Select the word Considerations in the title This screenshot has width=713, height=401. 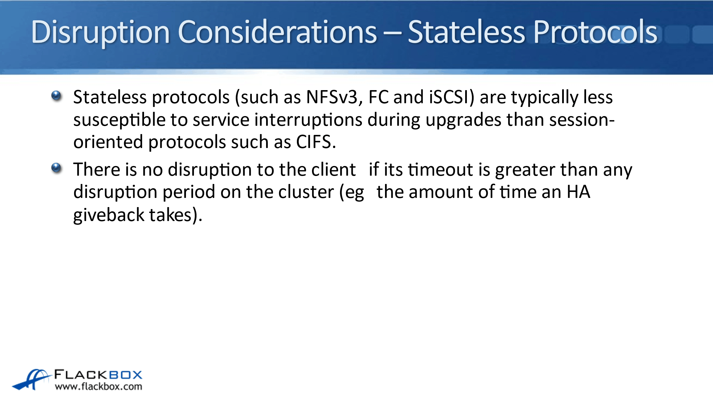(277, 32)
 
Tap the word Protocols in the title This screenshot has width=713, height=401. (595, 32)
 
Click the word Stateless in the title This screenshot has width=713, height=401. (466, 32)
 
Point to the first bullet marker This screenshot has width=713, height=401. (56, 96)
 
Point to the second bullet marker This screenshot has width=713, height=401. (56, 168)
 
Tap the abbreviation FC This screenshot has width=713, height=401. (378, 97)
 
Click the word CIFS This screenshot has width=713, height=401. (314, 142)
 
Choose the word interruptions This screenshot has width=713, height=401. (308, 120)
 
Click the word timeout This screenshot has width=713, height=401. (441, 170)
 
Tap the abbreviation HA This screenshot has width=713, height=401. (578, 192)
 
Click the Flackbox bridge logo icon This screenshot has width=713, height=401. (31, 380)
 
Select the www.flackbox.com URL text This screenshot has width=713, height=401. (98, 387)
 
